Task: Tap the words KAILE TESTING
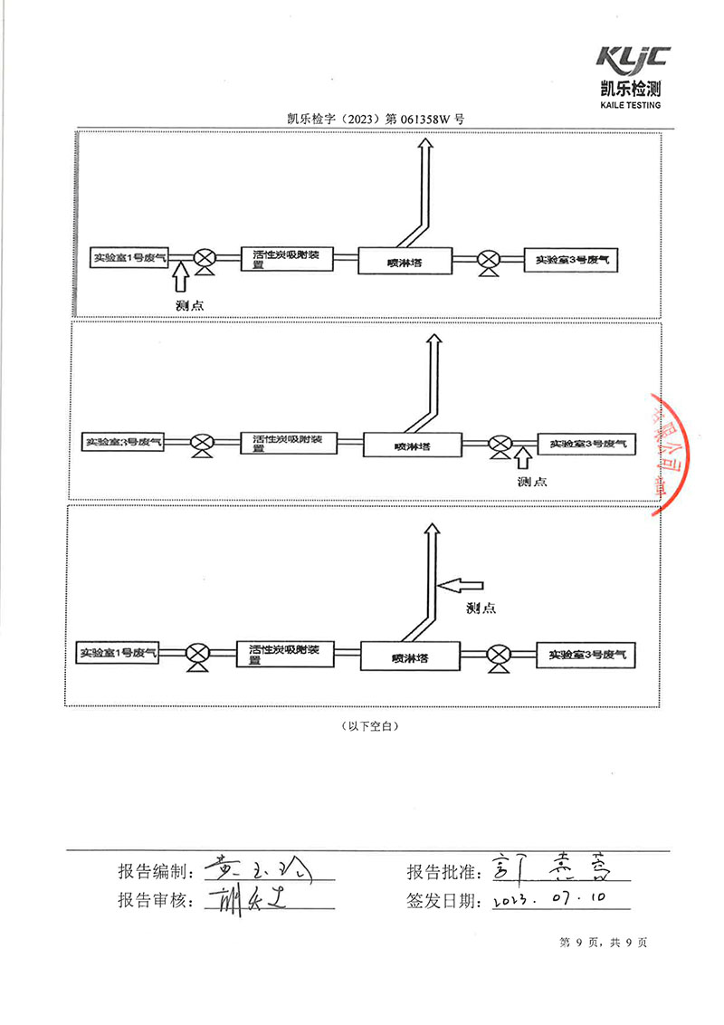(631, 105)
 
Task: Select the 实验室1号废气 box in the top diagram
(130, 258)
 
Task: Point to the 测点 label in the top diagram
(189, 305)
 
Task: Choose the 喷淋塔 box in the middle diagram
(412, 445)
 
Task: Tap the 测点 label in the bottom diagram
(481, 608)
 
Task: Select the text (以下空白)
(368, 726)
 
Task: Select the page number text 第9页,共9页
(604, 943)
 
